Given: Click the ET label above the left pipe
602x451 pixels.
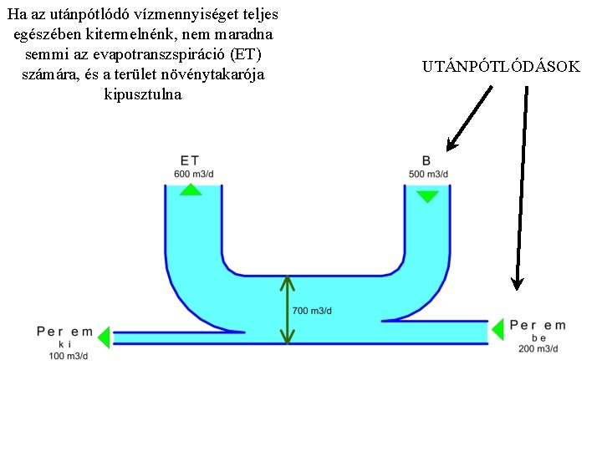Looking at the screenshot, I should pos(190,160).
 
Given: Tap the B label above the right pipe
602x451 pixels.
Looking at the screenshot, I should pos(426,160).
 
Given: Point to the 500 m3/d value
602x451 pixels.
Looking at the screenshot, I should pos(428,174).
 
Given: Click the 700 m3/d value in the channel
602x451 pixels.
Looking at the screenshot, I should pos(312,311).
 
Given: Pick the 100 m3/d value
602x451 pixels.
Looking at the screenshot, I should pos(68,357).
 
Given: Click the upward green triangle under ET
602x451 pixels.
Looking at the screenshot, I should pos(191,190).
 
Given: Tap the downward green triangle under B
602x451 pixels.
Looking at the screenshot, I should pos(427,197).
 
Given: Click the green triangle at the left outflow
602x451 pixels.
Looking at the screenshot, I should pos(104,337).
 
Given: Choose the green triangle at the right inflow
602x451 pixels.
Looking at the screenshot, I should pos(497,329).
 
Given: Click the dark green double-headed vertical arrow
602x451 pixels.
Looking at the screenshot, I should pos(287,311).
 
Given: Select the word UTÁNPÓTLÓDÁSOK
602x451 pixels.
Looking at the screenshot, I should pos(501,66).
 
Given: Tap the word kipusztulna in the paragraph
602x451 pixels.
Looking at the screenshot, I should pos(142,94).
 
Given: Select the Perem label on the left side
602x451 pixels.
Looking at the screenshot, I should pos(65,332).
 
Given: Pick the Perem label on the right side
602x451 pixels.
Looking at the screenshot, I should pos(538,326).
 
